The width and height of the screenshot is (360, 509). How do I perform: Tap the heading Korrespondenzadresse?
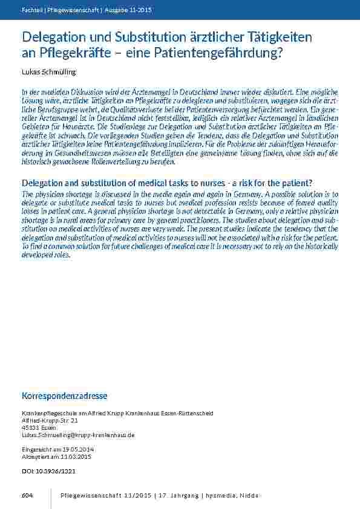point(65,396)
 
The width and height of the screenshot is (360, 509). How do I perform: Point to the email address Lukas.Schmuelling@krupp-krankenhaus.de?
point(78,435)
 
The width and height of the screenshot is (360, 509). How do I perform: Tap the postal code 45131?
point(30,427)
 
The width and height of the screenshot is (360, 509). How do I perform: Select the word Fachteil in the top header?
point(30,10)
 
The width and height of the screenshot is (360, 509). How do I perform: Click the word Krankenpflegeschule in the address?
point(47,413)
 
